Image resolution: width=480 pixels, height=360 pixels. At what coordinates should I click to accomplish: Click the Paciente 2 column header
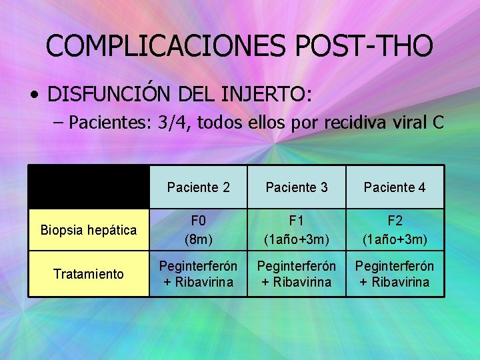pyautogui.click(x=199, y=187)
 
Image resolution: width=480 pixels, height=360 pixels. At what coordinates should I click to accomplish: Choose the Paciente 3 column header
pyautogui.click(x=297, y=187)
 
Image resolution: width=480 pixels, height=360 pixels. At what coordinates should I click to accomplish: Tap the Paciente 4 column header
pyautogui.click(x=395, y=187)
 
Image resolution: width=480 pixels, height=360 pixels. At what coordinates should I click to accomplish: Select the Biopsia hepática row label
pyautogui.click(x=89, y=230)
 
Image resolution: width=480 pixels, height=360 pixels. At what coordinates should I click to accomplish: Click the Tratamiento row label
pyautogui.click(x=89, y=273)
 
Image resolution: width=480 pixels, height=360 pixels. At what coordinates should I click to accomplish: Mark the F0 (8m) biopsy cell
pyautogui.click(x=199, y=230)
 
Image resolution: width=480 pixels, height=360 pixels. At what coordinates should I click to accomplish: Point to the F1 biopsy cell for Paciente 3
pyautogui.click(x=297, y=230)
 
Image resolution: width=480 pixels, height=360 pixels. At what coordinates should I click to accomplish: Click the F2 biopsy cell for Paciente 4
pyautogui.click(x=395, y=230)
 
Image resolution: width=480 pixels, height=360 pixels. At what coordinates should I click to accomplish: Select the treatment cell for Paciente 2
pyautogui.click(x=199, y=273)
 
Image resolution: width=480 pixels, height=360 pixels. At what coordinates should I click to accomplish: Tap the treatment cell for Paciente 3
pyautogui.click(x=297, y=273)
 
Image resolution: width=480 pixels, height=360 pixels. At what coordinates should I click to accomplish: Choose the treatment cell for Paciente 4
pyautogui.click(x=395, y=273)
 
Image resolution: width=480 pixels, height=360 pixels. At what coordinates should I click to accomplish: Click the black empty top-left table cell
pyautogui.click(x=89, y=187)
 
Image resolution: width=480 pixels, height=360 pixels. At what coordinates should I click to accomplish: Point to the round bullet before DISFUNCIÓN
pyautogui.click(x=34, y=95)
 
